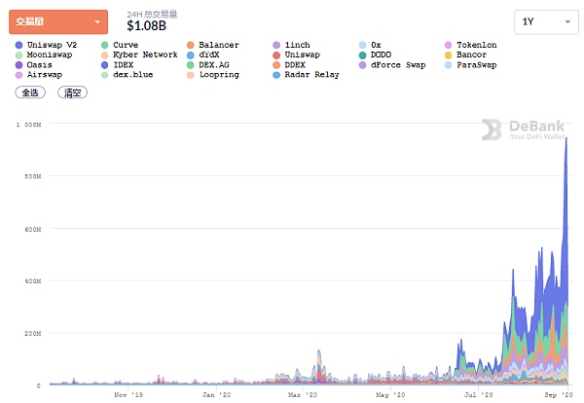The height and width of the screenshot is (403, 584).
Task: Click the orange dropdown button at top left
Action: point(57,21)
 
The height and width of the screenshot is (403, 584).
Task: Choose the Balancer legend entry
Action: point(217,46)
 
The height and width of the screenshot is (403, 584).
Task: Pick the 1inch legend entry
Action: point(296,46)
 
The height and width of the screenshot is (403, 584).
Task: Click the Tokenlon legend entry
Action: point(476,46)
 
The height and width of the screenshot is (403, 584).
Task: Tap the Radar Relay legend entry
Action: point(312,75)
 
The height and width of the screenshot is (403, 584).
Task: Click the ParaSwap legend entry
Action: point(476,65)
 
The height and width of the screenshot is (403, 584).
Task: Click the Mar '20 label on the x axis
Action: point(303,395)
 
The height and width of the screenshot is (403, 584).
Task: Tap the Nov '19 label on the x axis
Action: point(128,395)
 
